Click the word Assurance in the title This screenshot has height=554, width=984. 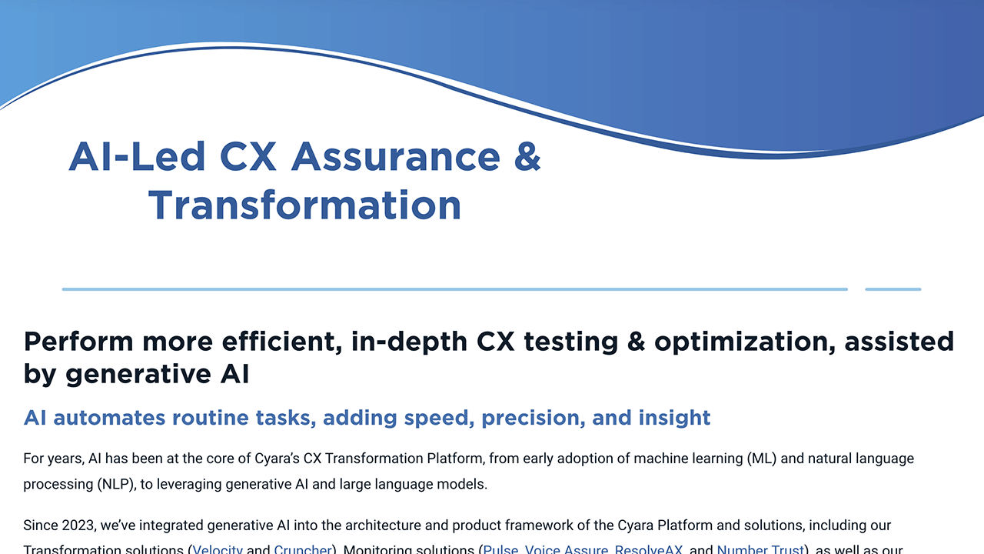point(396,156)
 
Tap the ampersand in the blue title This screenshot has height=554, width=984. point(527,156)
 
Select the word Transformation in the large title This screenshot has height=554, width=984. point(304,205)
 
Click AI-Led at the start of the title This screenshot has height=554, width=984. point(137,156)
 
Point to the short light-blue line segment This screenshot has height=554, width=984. point(893,289)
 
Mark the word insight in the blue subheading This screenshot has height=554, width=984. point(674,418)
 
